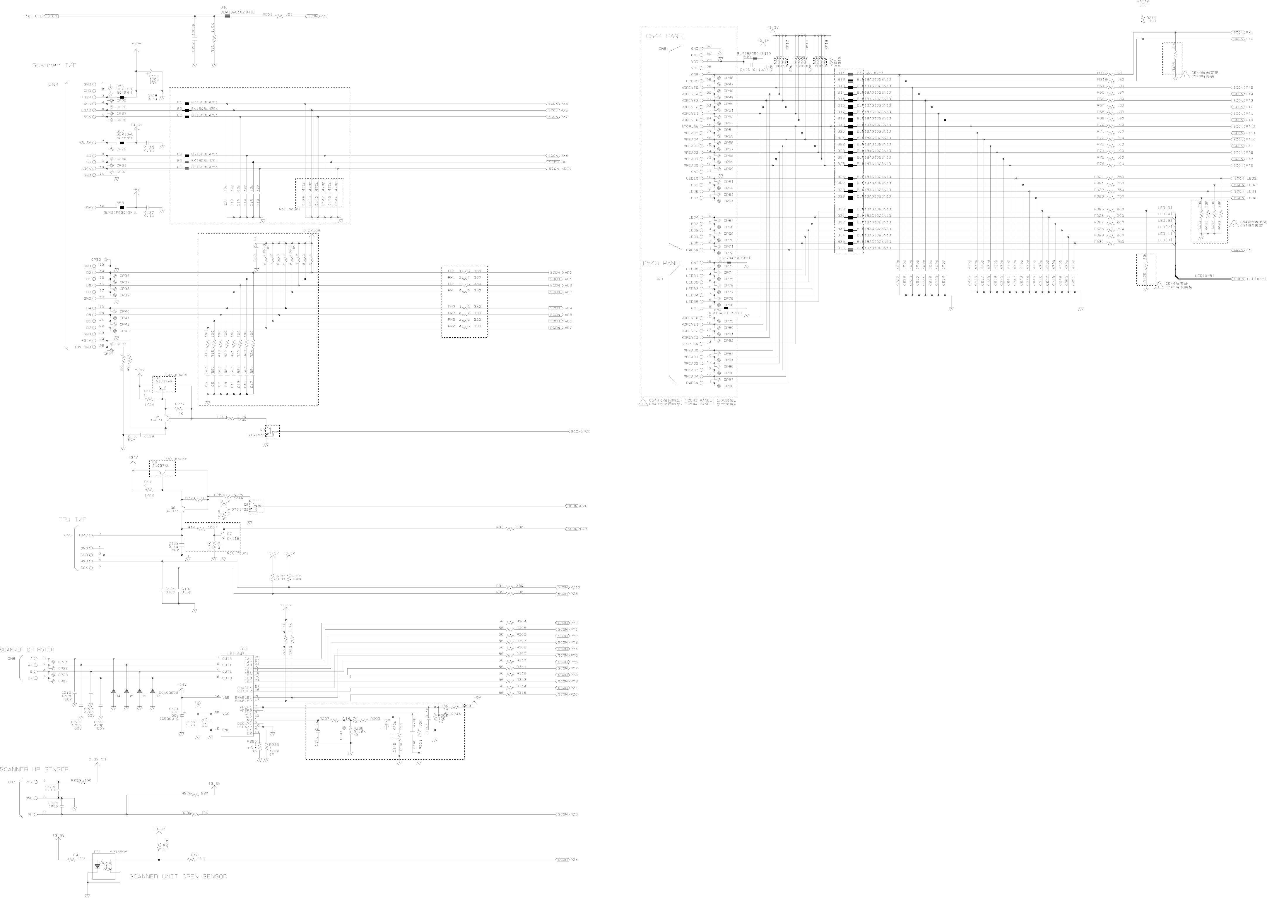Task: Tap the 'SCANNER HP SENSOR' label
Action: tap(34, 769)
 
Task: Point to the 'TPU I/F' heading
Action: tap(73, 519)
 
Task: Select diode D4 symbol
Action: tap(113, 692)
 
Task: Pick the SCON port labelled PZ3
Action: tap(563, 815)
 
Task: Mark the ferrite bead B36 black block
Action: tap(850, 248)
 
